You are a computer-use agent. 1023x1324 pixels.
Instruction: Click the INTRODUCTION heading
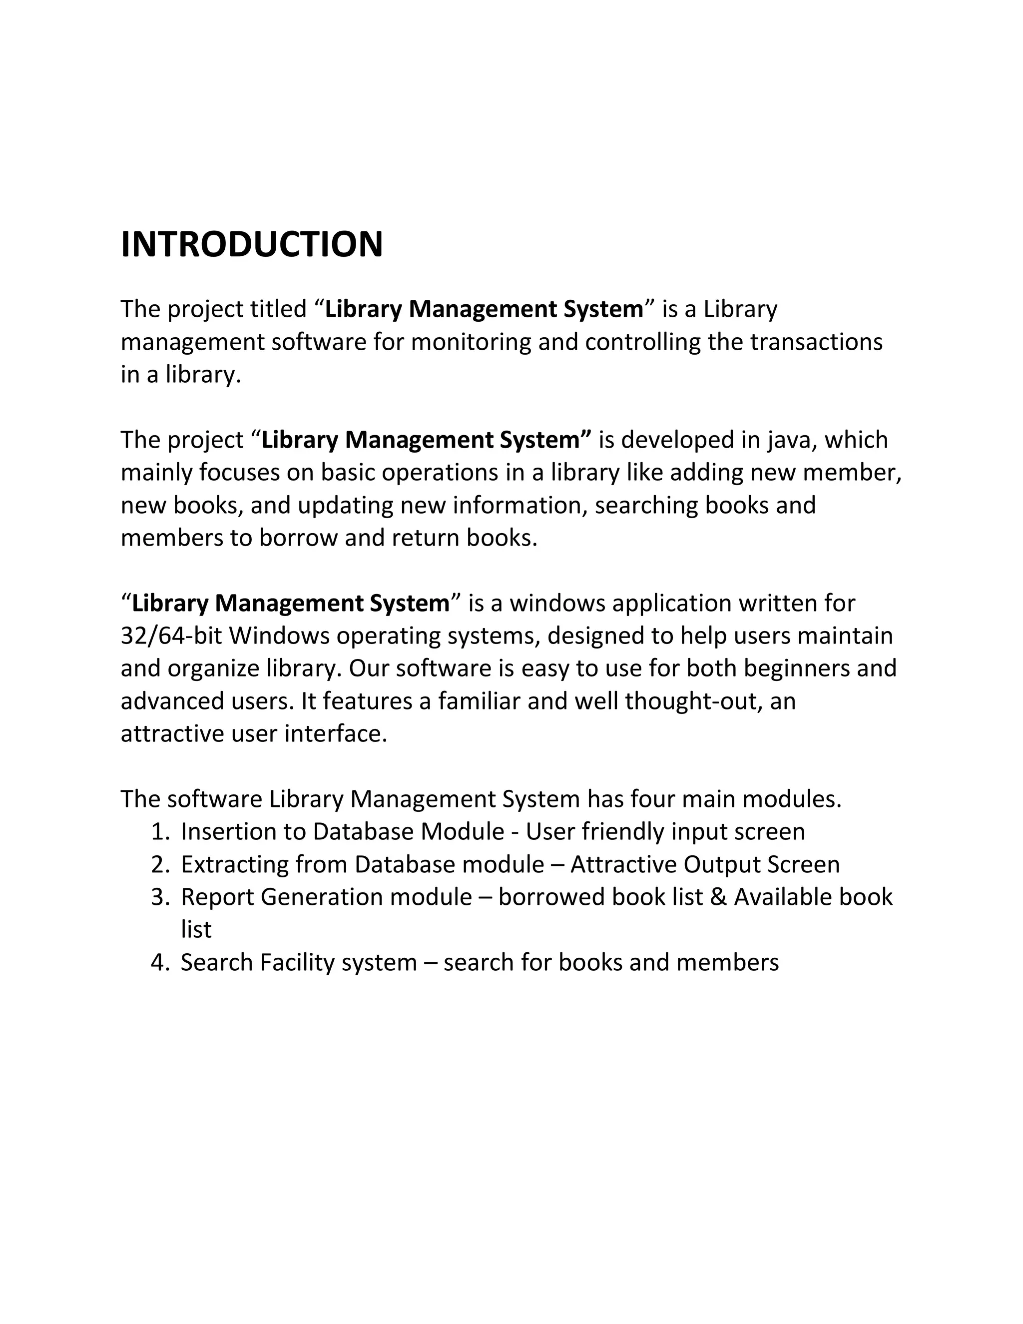[x=252, y=244]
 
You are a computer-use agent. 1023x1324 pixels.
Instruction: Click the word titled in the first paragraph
[x=279, y=309]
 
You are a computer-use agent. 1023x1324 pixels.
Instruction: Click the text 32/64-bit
[x=171, y=636]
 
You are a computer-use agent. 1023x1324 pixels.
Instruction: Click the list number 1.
[x=159, y=832]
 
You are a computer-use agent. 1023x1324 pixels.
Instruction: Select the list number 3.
[x=159, y=897]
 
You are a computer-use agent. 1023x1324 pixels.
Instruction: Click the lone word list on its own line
[x=196, y=930]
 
